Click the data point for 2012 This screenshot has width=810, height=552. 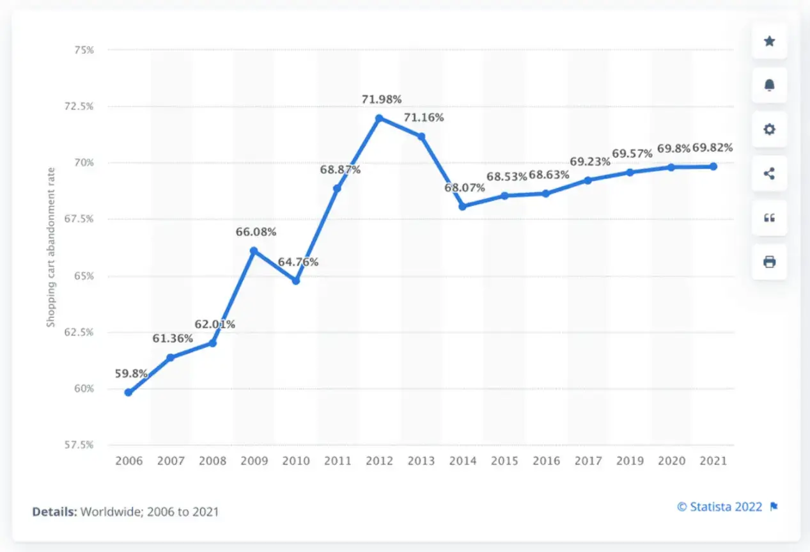click(x=379, y=118)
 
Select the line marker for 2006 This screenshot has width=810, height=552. click(x=129, y=392)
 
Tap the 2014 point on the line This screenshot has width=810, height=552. click(x=462, y=206)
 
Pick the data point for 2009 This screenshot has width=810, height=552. click(x=254, y=251)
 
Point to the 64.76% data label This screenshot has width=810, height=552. click(x=297, y=262)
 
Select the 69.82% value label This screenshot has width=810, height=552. click(x=712, y=148)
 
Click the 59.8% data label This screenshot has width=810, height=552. click(x=132, y=373)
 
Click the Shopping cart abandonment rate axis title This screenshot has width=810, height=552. click(x=51, y=247)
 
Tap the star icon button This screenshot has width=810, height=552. click(x=769, y=42)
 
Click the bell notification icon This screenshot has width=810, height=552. click(x=769, y=85)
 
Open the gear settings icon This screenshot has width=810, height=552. click(x=769, y=129)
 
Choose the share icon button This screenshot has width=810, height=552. click(x=769, y=173)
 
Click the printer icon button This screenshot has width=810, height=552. click(x=769, y=262)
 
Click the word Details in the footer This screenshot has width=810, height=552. click(x=54, y=512)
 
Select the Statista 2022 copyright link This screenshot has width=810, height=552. click(x=720, y=507)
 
